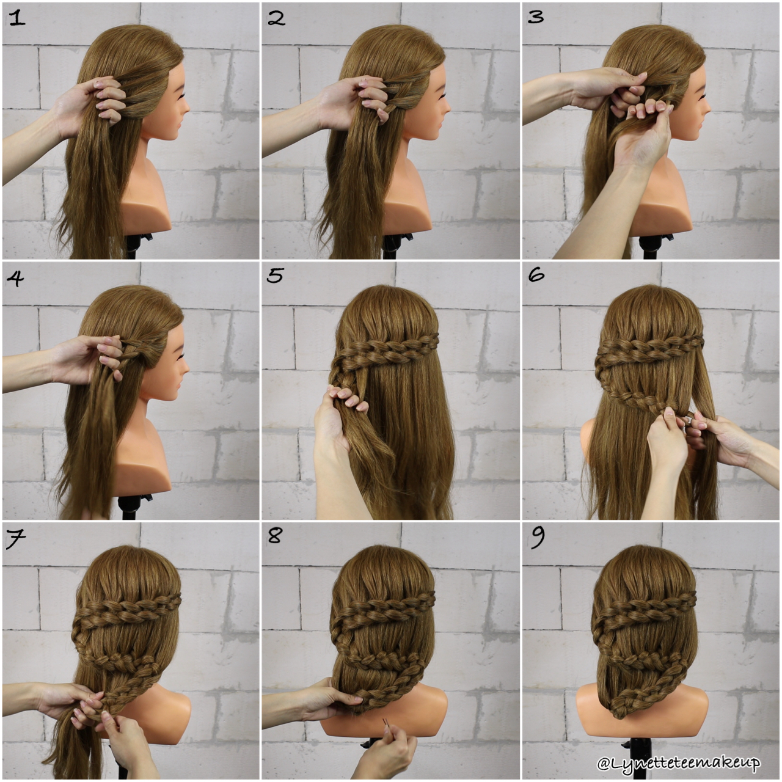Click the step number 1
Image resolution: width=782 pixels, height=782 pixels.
[16, 18]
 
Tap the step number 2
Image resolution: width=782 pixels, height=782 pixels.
[276, 18]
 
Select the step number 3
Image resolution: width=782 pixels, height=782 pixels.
[536, 17]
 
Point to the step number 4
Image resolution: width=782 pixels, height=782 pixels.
[15, 279]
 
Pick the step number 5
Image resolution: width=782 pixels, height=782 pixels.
[276, 276]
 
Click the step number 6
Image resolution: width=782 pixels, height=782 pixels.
[536, 276]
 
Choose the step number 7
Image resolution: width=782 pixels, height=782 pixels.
[15, 539]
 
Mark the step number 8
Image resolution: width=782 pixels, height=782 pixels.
[276, 537]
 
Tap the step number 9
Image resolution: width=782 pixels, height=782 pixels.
[538, 538]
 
